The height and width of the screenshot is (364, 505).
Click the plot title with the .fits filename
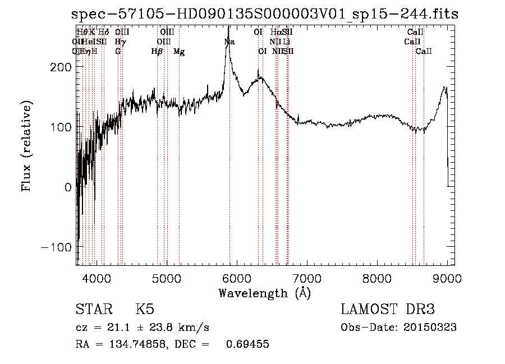265,15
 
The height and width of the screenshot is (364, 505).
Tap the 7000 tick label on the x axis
307,278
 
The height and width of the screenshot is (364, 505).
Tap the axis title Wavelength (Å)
264,293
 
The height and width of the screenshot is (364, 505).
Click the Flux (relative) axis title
27,145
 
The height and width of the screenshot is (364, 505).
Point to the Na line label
229,42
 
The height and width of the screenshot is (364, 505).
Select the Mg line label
179,52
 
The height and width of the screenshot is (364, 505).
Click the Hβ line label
157,52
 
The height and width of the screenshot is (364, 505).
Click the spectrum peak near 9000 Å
444,87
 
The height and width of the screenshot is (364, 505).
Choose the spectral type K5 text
145,310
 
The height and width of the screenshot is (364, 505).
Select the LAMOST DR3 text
388,310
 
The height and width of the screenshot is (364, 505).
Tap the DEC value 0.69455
247,344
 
